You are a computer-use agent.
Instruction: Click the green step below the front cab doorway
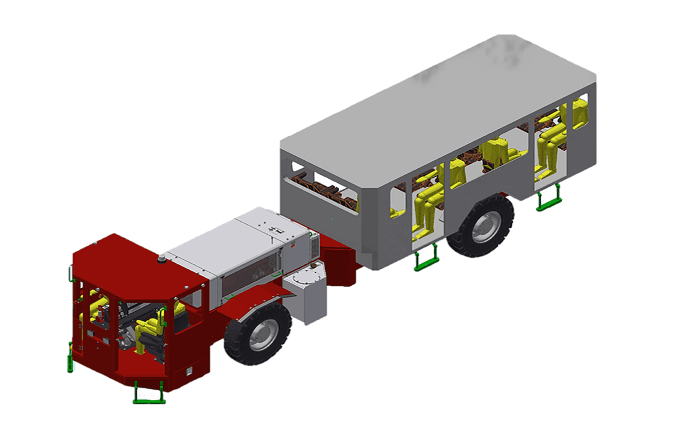149,393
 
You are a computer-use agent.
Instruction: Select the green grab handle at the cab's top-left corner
70,274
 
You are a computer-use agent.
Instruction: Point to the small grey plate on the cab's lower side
190,371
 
